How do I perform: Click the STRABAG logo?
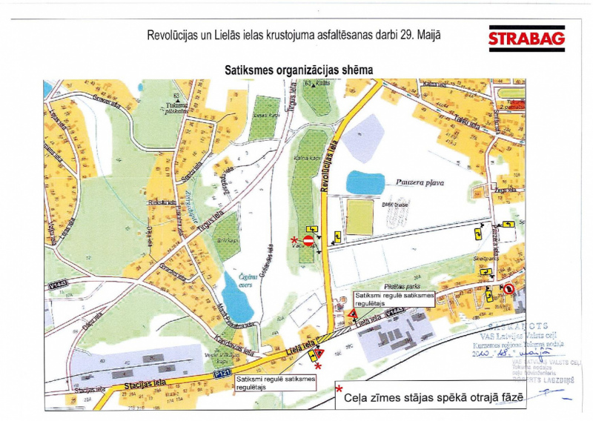pyautogui.click(x=526, y=38)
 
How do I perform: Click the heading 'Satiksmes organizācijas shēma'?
pyautogui.click(x=299, y=69)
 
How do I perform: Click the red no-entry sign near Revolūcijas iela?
pyautogui.click(x=308, y=241)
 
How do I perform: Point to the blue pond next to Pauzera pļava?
pyautogui.click(x=366, y=182)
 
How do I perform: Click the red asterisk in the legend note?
pyautogui.click(x=339, y=389)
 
